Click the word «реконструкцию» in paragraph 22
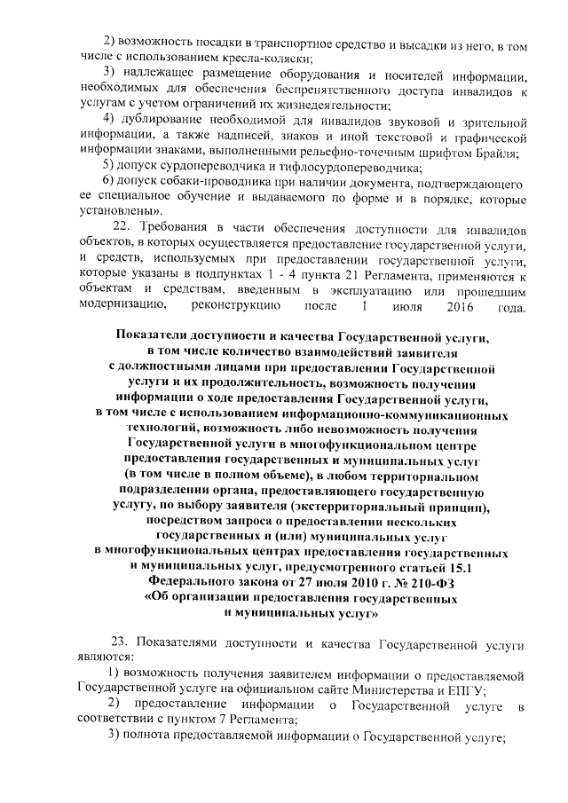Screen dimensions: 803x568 (236, 306)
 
